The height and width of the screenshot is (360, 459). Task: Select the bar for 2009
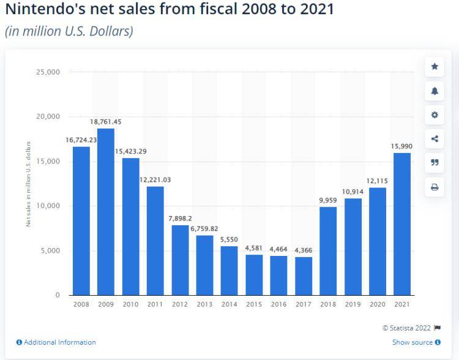coord(106,211)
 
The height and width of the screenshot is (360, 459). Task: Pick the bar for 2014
coord(229,270)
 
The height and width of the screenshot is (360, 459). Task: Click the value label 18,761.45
coord(106,122)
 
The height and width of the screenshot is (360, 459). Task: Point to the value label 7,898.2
coord(180,219)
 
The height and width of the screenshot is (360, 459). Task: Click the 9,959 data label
coord(328,200)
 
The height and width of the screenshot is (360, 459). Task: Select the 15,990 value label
coord(402,146)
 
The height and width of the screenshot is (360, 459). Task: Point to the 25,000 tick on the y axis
coord(48,72)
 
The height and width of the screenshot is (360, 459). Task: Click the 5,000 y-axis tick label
coord(50,251)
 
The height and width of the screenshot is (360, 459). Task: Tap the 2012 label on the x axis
coord(180,304)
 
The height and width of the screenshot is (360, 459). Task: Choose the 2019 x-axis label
coord(353,304)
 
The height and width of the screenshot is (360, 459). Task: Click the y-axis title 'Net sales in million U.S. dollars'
coord(28,184)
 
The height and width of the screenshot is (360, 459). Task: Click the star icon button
coord(435,67)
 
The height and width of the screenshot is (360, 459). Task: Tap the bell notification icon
coord(435,91)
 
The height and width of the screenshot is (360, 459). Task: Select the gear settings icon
coord(435,114)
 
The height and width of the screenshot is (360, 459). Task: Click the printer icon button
coord(435,187)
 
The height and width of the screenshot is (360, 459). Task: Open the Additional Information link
coord(56,342)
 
